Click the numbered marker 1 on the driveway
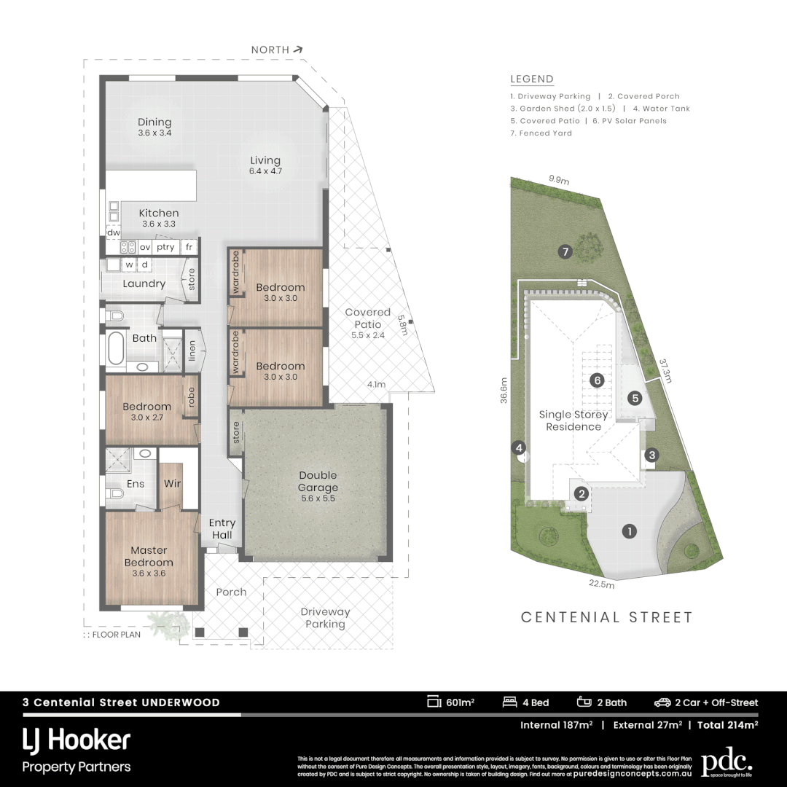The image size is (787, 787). [x=628, y=531]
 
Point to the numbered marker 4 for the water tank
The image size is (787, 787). [x=519, y=447]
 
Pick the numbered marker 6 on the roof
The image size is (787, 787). [x=598, y=380]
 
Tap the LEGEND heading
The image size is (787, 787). [x=531, y=79]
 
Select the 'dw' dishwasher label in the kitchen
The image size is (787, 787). [x=113, y=233]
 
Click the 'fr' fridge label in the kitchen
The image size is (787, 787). [x=189, y=247]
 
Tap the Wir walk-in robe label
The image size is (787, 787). [x=172, y=483]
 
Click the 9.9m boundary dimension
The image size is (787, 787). [x=559, y=179]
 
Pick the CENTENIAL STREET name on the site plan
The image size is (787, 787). [x=606, y=617]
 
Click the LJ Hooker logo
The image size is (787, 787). [x=77, y=741]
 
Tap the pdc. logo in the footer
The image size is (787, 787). [x=726, y=762]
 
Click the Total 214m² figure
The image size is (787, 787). [x=727, y=725]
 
